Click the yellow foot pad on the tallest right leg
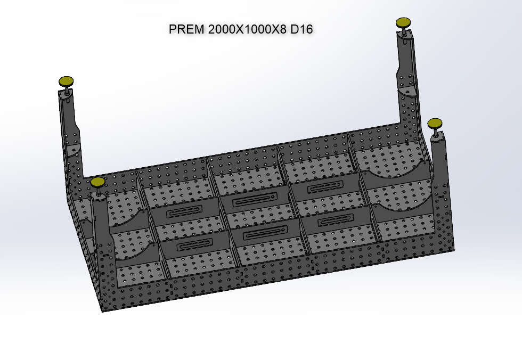pos(404,22)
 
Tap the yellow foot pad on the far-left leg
pos(66,81)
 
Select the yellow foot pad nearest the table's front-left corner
pos(97,182)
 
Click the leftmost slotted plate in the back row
pos(184,214)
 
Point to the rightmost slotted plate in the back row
pos(325,187)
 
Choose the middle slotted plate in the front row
pos(264,233)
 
